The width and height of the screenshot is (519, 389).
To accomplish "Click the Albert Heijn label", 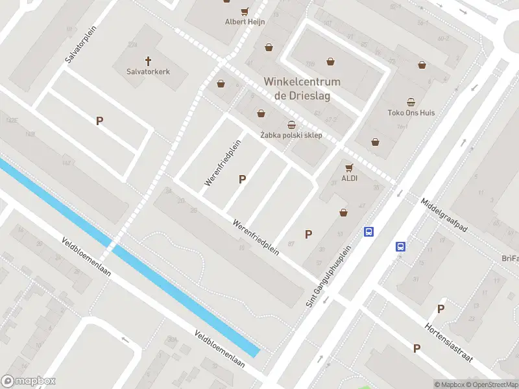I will tap(245, 21).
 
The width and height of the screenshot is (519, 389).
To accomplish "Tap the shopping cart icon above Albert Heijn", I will tap(245, 11).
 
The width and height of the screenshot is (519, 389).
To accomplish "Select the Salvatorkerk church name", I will tap(148, 71).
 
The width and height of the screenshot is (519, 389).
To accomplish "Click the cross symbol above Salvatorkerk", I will tap(148, 61).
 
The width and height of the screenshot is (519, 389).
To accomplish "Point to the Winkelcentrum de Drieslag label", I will tap(302, 88).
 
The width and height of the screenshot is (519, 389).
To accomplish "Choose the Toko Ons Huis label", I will tap(411, 112).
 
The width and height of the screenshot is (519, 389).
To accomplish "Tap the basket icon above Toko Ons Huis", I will tap(411, 102).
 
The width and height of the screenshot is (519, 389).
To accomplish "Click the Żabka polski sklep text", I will tap(291, 135).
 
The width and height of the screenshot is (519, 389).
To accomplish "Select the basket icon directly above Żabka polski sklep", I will tap(291, 124).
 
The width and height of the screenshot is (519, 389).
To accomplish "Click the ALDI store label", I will tap(350, 178).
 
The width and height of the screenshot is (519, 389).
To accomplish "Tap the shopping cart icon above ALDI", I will tap(350, 167).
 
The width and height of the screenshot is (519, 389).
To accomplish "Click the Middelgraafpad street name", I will tap(444, 215).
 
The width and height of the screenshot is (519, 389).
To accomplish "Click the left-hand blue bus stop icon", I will tap(369, 231).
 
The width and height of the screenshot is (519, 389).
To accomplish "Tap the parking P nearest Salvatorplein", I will tap(99, 121).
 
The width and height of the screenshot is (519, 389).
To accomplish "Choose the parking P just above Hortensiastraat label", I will tap(441, 309).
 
